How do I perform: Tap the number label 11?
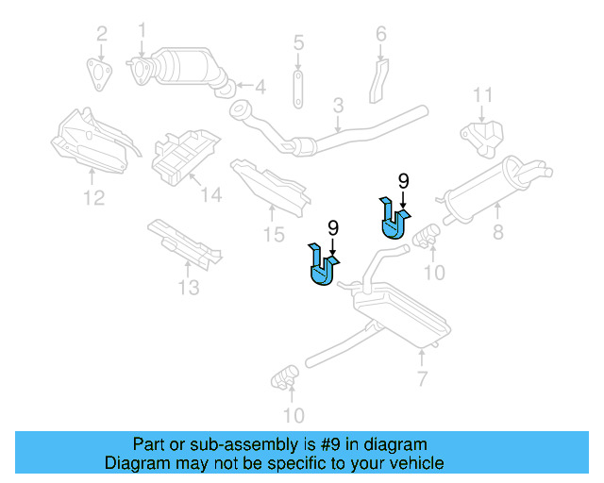pos(482,95)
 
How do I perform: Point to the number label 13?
pos(189,287)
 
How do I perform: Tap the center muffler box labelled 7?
pos(400,317)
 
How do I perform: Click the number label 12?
pos(92,197)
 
